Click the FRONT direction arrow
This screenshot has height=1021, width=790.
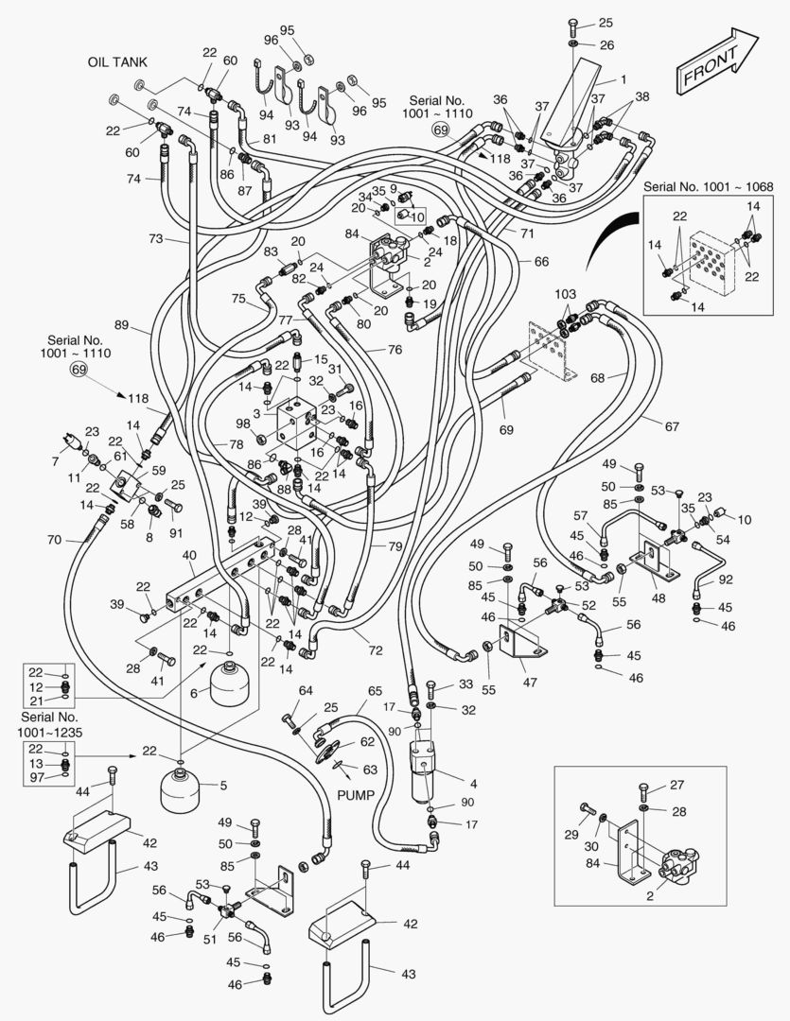716,62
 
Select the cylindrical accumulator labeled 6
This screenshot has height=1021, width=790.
232,684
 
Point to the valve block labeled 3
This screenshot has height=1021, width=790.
300,425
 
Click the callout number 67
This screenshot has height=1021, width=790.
671,426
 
